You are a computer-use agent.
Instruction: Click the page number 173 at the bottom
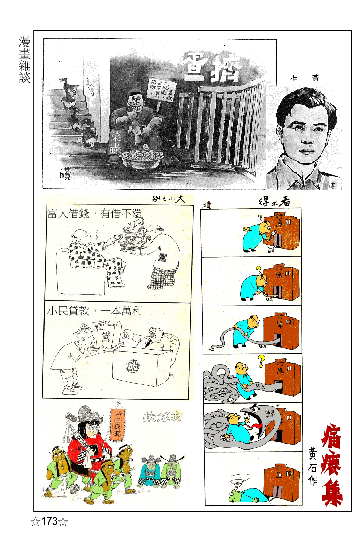tap(49, 521)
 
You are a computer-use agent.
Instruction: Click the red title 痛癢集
tap(332, 465)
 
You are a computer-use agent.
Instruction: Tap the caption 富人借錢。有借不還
tap(94, 214)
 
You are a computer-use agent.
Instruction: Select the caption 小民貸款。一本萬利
tap(94, 311)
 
